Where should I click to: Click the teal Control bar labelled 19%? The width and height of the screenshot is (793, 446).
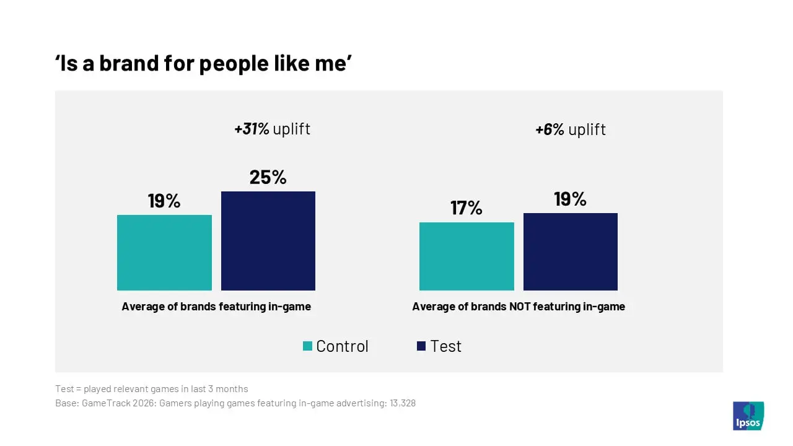[164, 253]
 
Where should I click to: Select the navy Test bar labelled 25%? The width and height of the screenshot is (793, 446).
[268, 241]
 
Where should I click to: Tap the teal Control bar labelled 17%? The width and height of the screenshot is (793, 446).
[467, 256]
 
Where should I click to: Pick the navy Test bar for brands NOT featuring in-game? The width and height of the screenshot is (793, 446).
[571, 251]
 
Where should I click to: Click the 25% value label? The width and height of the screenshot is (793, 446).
[268, 177]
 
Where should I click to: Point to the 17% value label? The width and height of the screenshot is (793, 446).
[467, 208]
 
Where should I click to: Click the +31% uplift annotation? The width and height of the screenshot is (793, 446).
[272, 129]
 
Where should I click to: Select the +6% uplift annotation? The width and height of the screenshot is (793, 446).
[571, 129]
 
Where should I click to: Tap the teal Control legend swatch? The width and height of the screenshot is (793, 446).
[308, 346]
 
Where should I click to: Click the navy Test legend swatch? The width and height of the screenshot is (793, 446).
[421, 346]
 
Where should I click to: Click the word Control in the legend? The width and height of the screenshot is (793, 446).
[342, 346]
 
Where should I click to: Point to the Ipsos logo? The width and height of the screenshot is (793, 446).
[748, 416]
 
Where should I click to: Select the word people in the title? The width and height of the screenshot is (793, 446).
[234, 65]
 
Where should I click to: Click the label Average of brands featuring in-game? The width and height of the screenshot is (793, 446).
[216, 307]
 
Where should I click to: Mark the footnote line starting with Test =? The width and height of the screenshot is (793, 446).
[152, 389]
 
